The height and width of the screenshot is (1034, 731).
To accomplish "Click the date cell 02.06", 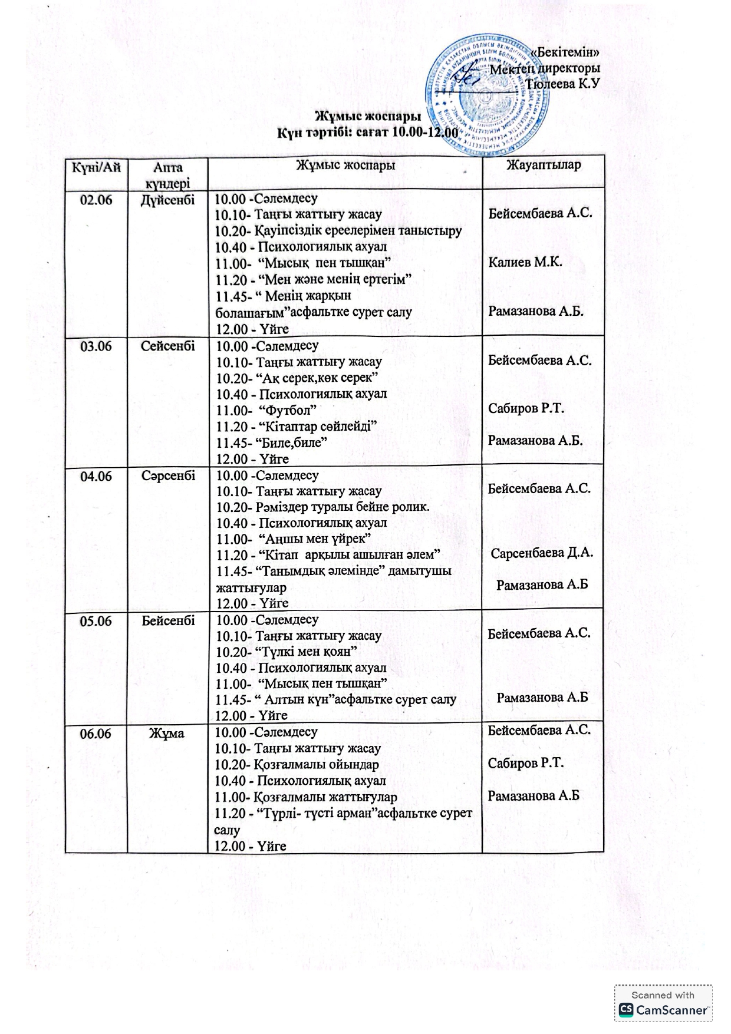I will pyautogui.click(x=96, y=200).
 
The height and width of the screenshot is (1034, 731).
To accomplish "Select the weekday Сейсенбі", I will pyautogui.click(x=167, y=346).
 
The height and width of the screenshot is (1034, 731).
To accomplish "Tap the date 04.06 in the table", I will pyautogui.click(x=96, y=476).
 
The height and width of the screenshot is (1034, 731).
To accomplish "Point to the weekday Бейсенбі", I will pyautogui.click(x=168, y=620).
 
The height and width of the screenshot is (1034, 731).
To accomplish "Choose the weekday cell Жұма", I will pyautogui.click(x=167, y=734).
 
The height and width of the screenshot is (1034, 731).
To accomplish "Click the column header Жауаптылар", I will pyautogui.click(x=543, y=166).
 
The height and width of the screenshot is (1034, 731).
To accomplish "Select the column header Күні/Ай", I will pyautogui.click(x=96, y=167).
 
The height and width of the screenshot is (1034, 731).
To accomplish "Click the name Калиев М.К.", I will pyautogui.click(x=525, y=262).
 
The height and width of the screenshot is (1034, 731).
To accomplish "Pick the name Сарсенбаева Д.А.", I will pyautogui.click(x=542, y=553).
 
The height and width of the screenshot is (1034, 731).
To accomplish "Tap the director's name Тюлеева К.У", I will pyautogui.click(x=562, y=84).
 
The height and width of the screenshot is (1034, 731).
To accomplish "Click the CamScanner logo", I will pyautogui.click(x=663, y=1010).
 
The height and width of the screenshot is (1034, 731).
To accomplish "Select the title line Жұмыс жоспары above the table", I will pyautogui.click(x=368, y=116).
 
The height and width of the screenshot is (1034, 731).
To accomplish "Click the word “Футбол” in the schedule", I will pyautogui.click(x=291, y=410).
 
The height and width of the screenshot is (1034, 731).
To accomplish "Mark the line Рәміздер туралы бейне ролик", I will pyautogui.click(x=342, y=507).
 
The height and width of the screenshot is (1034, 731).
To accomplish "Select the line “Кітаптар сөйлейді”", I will pyautogui.click(x=321, y=426).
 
